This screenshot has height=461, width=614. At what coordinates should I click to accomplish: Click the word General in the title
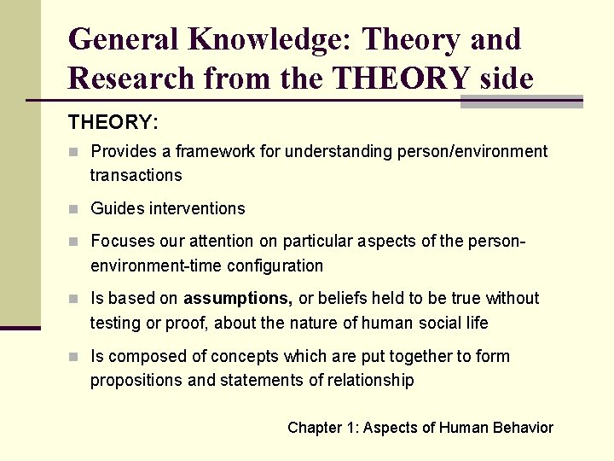tap(124, 39)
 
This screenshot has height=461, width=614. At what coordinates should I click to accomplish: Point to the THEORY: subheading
tap(113, 122)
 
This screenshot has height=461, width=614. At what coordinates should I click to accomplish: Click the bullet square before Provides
tap(74, 152)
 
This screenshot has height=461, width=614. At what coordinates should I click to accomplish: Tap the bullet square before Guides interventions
tap(74, 209)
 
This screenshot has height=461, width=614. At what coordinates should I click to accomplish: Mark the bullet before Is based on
tap(74, 299)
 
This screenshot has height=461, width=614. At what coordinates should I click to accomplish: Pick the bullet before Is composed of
tap(74, 357)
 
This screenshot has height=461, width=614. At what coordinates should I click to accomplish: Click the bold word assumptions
tap(238, 298)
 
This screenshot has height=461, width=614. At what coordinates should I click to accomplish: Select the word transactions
tap(136, 175)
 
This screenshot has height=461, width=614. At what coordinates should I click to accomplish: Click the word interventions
tap(197, 208)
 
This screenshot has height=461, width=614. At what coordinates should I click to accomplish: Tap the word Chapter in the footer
tap(315, 428)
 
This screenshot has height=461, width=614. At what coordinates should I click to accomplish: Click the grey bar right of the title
tap(521, 102)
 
